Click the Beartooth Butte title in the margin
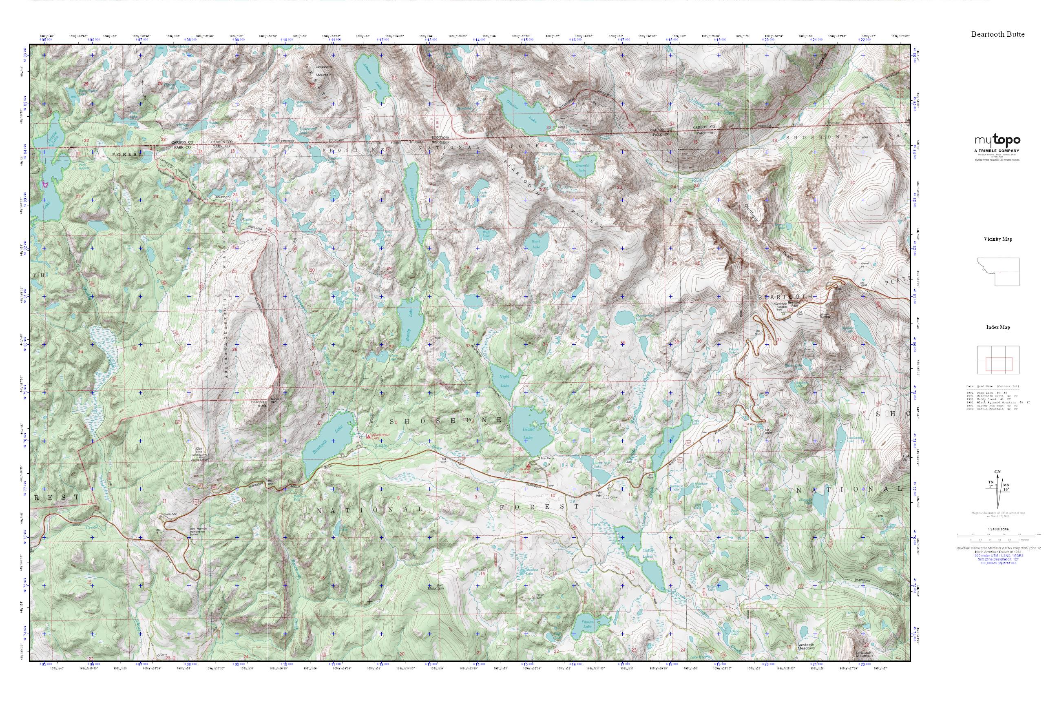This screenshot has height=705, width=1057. click(x=998, y=34)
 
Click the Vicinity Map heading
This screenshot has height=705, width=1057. click(x=998, y=239)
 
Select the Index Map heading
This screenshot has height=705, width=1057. click(x=998, y=327)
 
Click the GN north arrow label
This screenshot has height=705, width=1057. click(x=998, y=472)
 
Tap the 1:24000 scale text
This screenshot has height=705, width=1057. click(x=998, y=529)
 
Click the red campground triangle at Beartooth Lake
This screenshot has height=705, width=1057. click(x=369, y=436)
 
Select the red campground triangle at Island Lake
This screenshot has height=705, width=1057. click(x=528, y=466)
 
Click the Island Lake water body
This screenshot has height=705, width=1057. click(x=530, y=432)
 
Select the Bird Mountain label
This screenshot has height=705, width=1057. click(x=436, y=587)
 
